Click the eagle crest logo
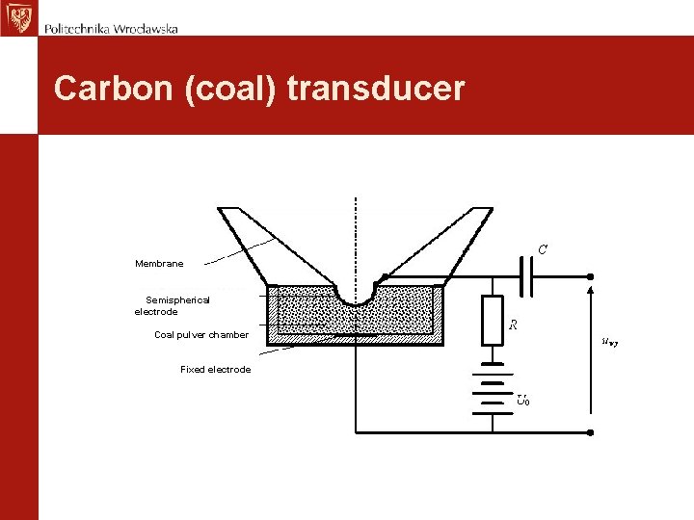pyautogui.click(x=17, y=17)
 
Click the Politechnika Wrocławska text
pyautogui.click(x=111, y=29)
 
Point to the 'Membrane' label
pyautogui.click(x=159, y=263)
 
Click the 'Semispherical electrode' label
pyautogui.click(x=172, y=306)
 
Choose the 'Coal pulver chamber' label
pyautogui.click(x=201, y=335)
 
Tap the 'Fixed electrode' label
pyautogui.click(x=215, y=370)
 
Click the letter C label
pyautogui.click(x=543, y=249)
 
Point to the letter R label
pyautogui.click(x=515, y=325)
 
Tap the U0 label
pyautogui.click(x=521, y=399)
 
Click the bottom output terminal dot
pyautogui.click(x=590, y=430)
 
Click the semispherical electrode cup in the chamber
pyautogui.click(x=356, y=293)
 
